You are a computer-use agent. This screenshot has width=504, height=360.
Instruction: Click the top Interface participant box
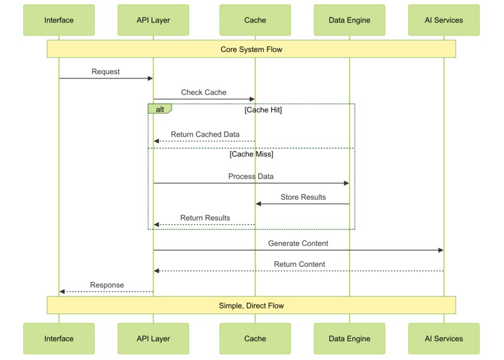tap(59, 20)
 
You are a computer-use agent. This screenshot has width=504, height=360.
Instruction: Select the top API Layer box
tap(153, 20)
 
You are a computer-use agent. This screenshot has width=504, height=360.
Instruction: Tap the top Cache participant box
tap(255, 20)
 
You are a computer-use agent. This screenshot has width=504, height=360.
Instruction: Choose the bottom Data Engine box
tap(349, 339)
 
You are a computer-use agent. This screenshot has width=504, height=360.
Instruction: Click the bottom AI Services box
tap(444, 339)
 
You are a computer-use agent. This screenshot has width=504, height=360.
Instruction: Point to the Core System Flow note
tap(251, 49)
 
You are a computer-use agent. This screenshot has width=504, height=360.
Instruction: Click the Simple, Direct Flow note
tap(251, 305)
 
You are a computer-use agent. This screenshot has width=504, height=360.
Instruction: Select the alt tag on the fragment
tap(160, 109)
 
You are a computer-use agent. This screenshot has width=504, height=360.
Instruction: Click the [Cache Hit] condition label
tap(263, 110)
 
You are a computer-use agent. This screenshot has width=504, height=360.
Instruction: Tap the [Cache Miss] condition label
tap(251, 154)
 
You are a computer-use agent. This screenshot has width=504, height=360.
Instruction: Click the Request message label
tap(106, 72)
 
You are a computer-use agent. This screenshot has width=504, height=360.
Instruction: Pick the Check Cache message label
tap(204, 92)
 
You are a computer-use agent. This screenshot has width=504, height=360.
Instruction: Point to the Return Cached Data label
tap(205, 134)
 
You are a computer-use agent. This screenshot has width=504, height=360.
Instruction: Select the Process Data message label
tap(251, 177)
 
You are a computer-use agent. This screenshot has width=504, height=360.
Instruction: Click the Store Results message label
tap(303, 197)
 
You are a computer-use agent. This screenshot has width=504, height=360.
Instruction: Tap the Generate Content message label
tap(298, 243)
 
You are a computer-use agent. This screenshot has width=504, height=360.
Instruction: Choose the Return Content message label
tap(299, 264)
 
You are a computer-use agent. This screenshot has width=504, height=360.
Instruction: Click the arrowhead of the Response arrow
tap(62, 292)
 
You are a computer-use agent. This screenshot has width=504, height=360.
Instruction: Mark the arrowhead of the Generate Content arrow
tap(441, 250)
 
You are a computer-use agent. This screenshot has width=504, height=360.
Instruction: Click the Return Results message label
tap(205, 218)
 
